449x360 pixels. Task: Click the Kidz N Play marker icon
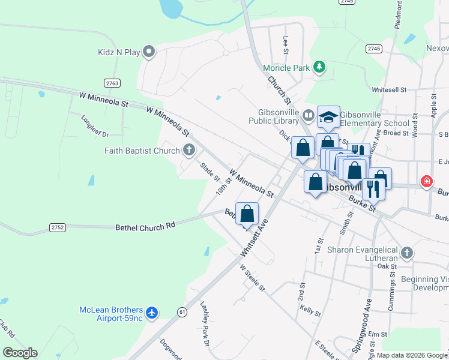pos(149,52)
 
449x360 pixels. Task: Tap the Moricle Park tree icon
pos(321,67)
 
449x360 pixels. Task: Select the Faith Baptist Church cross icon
pos(189,150)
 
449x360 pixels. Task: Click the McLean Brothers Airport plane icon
pos(152,313)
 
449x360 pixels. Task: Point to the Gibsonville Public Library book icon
pos(309,115)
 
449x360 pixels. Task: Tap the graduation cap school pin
pos(328,118)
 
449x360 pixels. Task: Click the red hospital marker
pos(427,181)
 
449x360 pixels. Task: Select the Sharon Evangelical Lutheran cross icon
pos(408,253)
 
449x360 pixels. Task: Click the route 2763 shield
pos(112,83)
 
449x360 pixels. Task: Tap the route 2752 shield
pos(58,227)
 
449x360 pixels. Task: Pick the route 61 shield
pos(182,311)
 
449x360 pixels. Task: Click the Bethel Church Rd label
pos(145,226)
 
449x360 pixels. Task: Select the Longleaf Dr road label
pos(95,125)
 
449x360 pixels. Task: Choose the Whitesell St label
pos(389,89)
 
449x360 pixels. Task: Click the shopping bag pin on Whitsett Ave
pos(247,214)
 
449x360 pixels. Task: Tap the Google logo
pos(20,353)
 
